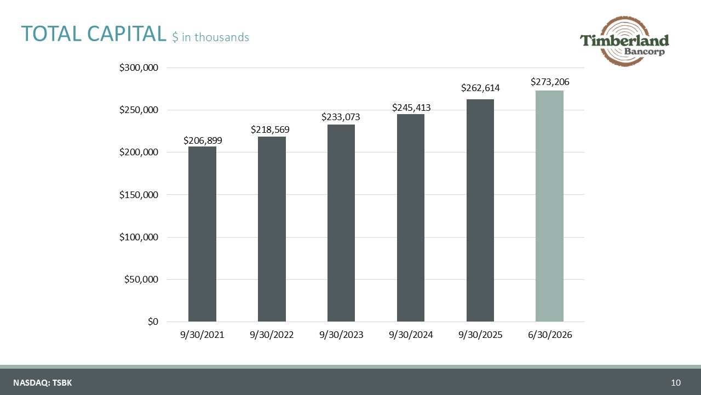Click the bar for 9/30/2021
[x=202, y=234]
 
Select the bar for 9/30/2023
[x=341, y=223]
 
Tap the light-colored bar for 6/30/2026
[x=549, y=206]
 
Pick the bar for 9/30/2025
[x=480, y=210]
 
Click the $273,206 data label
[x=550, y=82]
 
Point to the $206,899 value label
[x=203, y=140]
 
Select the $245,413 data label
[x=411, y=108]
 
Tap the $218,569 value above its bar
[x=270, y=129]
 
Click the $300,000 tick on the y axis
[x=139, y=67]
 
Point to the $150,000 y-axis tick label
[x=139, y=195]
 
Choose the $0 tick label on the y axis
[x=153, y=321]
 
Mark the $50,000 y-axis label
[x=141, y=279]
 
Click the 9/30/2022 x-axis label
[x=272, y=335]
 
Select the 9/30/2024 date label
[x=411, y=335]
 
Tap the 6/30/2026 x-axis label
[x=550, y=335]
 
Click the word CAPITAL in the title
[x=127, y=33]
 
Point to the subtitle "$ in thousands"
[x=211, y=37]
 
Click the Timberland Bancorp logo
[x=624, y=41]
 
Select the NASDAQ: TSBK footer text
[x=43, y=382]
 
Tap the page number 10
[x=676, y=382]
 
